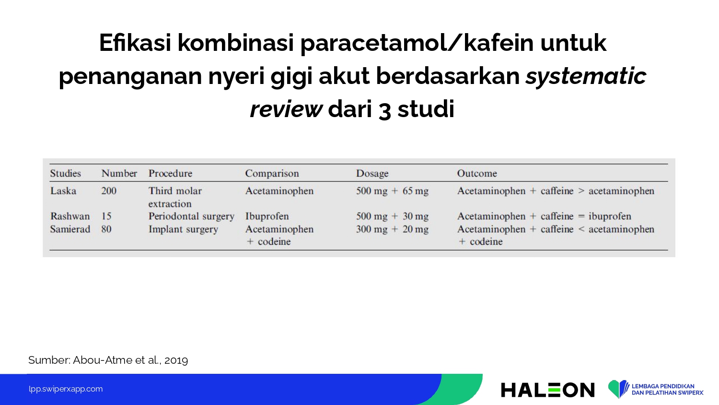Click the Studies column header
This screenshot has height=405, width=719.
click(66, 174)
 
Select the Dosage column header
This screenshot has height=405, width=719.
click(372, 174)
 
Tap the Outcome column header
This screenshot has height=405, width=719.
click(477, 174)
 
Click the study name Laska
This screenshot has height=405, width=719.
click(63, 191)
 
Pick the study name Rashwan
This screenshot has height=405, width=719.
click(70, 216)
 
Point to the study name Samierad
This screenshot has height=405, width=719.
click(70, 229)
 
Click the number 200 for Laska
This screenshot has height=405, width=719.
click(109, 191)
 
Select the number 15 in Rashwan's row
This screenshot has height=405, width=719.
click(106, 216)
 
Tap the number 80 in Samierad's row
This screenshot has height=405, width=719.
click(106, 229)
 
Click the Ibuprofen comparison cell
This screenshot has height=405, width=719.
click(267, 216)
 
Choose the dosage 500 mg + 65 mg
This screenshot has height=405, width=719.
click(392, 191)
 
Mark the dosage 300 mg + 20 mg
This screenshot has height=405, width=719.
click(392, 229)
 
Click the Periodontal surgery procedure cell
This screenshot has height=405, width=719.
click(191, 216)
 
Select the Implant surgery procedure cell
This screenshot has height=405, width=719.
click(183, 229)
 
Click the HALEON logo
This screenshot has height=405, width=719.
click(547, 390)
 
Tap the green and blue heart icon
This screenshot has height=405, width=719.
click(618, 389)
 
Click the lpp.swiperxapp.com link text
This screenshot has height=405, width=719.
click(66, 389)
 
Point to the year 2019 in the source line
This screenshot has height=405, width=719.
click(176, 360)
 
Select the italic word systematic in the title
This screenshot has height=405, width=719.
click(586, 76)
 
